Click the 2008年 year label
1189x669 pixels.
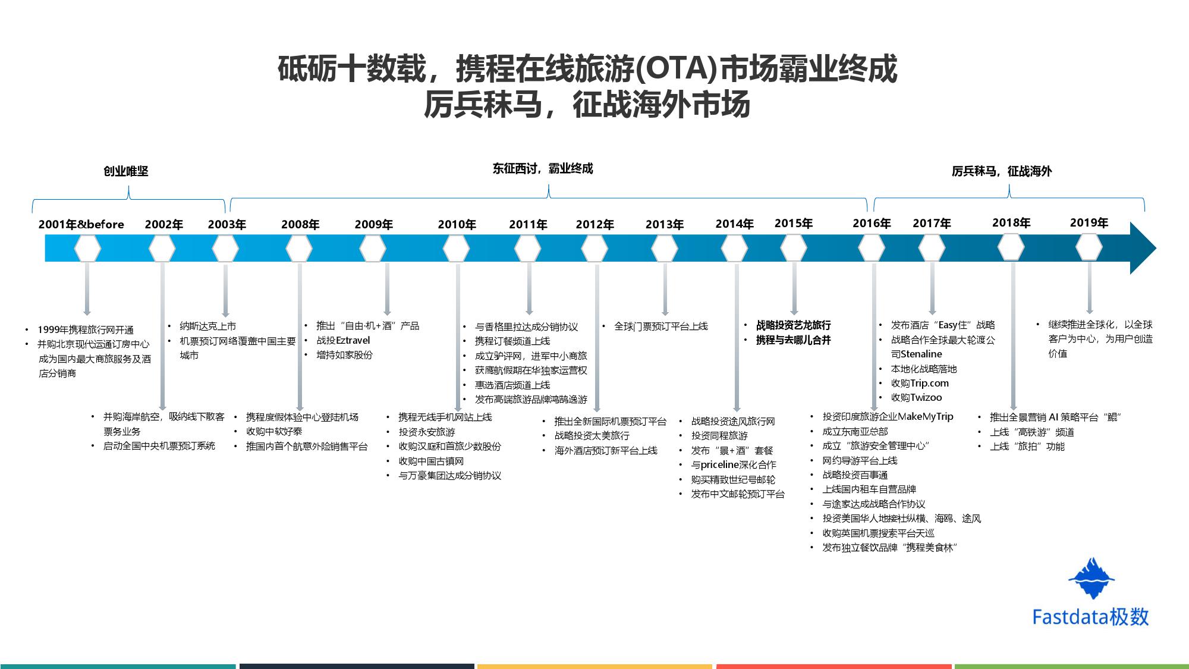[x=300, y=224]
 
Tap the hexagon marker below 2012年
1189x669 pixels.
[x=594, y=249]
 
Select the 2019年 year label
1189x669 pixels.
[x=1089, y=222]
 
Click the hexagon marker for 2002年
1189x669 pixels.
[x=162, y=249]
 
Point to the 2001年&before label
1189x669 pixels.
[x=81, y=224]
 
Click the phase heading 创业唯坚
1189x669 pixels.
[x=126, y=171]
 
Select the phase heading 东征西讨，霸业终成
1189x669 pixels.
[x=543, y=168]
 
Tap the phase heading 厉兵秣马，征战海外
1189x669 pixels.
[x=1002, y=171]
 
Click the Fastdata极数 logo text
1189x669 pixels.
[x=1090, y=617]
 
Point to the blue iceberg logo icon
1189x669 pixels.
[x=1092, y=578]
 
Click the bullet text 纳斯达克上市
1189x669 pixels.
[x=208, y=326]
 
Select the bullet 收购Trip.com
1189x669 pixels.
[x=920, y=383]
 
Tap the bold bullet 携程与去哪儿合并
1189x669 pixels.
[x=793, y=340]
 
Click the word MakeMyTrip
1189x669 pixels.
[x=926, y=416]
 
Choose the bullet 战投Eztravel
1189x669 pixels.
[x=343, y=340]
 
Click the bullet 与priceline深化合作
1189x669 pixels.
[x=734, y=464]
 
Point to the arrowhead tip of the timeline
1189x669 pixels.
[x=1156, y=249]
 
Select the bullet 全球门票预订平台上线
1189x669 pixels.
[x=661, y=326]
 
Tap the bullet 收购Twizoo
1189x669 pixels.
[x=916, y=397]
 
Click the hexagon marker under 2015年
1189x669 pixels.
[x=794, y=249]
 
